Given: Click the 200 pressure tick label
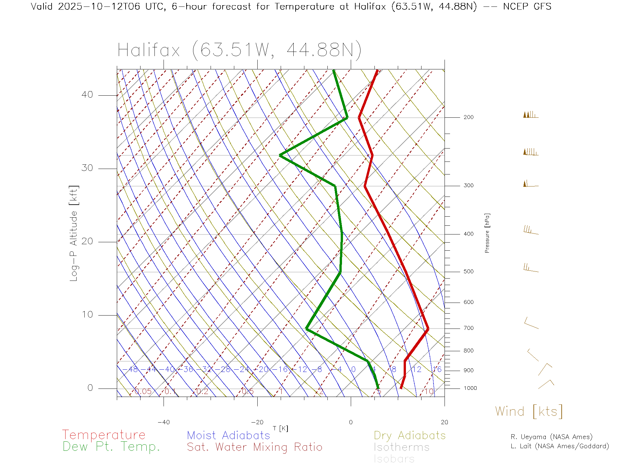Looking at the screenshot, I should pyautogui.click(x=468, y=117).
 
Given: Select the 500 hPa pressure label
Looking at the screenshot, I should pyautogui.click(x=468, y=271).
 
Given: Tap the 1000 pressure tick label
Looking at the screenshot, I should pyautogui.click(x=470, y=388).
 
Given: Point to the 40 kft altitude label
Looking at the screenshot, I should pyautogui.click(x=87, y=95).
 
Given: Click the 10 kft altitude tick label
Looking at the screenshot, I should pyautogui.click(x=87, y=315).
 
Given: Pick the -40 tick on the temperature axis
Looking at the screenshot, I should pyautogui.click(x=164, y=422).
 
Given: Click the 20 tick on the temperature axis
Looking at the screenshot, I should pyautogui.click(x=444, y=422).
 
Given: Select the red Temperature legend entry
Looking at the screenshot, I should pyautogui.click(x=104, y=435).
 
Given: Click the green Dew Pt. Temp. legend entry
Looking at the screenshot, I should pyautogui.click(x=111, y=447).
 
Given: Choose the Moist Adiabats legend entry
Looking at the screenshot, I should pyautogui.click(x=228, y=435).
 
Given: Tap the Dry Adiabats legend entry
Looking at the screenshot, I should pyautogui.click(x=409, y=435).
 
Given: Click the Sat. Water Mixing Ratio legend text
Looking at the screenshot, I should pyautogui.click(x=254, y=447).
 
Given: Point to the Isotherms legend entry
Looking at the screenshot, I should pyautogui.click(x=401, y=447).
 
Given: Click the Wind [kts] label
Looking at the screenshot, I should pyautogui.click(x=529, y=412).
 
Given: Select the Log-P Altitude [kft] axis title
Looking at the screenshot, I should pyautogui.click(x=74, y=233).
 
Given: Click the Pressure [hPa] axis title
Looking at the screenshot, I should pyautogui.click(x=487, y=233).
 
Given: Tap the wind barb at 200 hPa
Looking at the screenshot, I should pyautogui.click(x=531, y=115).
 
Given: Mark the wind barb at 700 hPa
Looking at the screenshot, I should pyautogui.click(x=531, y=323).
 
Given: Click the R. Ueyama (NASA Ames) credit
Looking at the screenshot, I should pyautogui.click(x=552, y=437).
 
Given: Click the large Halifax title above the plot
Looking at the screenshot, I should pyautogui.click(x=239, y=50).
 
